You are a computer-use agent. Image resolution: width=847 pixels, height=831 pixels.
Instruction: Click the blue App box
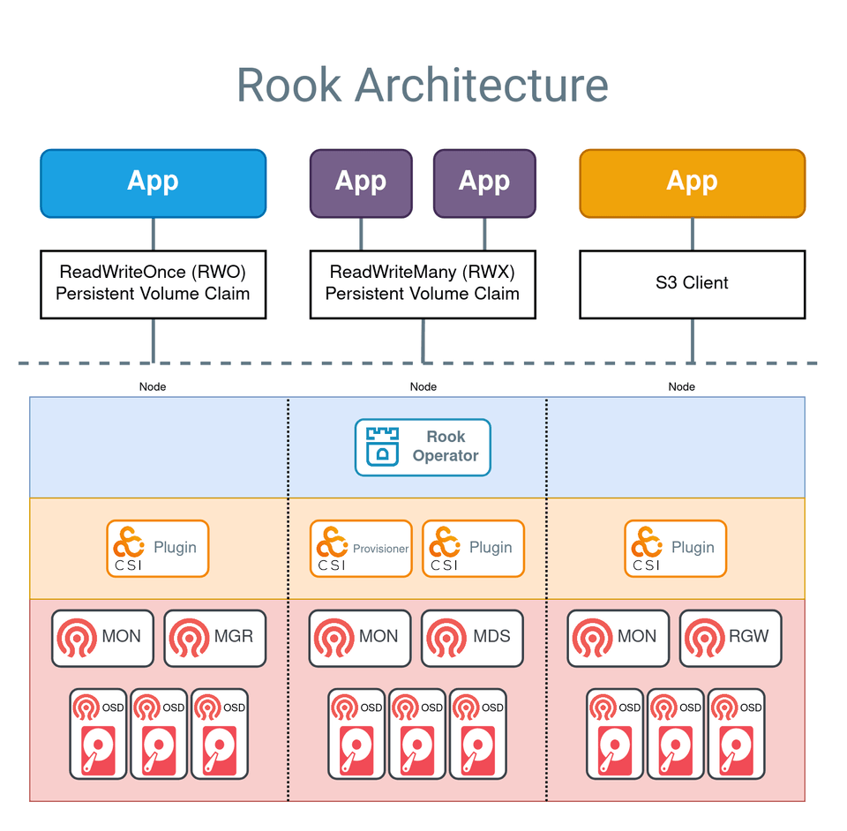[x=153, y=183]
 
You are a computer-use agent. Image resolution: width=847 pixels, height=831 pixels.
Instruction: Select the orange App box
[x=692, y=183]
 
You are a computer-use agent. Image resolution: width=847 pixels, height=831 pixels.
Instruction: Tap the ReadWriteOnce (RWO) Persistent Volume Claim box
[x=153, y=284]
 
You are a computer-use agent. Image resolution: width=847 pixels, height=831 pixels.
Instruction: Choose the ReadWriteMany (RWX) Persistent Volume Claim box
[x=423, y=284]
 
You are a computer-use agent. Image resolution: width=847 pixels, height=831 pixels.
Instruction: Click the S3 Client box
[x=692, y=284]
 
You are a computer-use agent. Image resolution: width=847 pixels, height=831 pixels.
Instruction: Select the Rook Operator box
[x=423, y=447]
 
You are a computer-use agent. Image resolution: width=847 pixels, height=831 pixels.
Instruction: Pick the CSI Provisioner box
[x=361, y=549]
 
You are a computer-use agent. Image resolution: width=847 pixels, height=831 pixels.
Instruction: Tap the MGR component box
[x=214, y=637]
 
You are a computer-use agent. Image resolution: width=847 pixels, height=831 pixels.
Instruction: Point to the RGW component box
[x=730, y=637]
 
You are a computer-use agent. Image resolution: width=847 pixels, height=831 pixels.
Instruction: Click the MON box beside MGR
[x=102, y=637]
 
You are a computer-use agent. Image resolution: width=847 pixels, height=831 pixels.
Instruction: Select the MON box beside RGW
[x=618, y=637]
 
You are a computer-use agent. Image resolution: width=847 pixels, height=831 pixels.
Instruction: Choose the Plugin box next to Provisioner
[x=473, y=549]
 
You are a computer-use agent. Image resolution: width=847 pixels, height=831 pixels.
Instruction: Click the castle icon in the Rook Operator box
[x=382, y=446]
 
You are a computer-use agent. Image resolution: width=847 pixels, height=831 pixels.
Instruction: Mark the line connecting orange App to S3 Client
[x=692, y=234]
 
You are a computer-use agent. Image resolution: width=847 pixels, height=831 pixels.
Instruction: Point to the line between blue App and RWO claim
[x=153, y=234]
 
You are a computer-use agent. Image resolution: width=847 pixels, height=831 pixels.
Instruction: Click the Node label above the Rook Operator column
[x=423, y=386]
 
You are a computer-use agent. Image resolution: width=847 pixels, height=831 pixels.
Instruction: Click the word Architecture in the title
[x=481, y=86]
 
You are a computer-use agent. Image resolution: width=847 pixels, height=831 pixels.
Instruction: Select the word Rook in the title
[x=289, y=86]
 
